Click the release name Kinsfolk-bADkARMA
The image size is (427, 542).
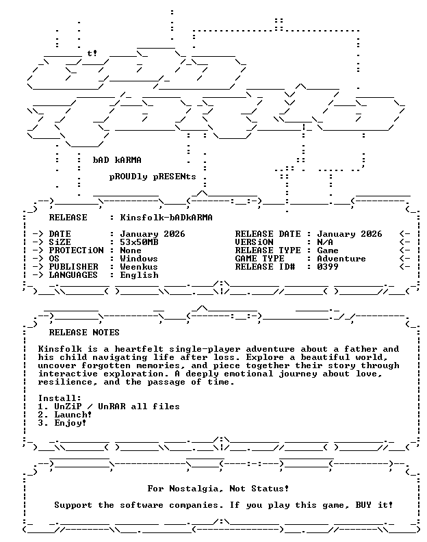tap(166, 218)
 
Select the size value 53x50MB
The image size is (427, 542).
tap(139, 242)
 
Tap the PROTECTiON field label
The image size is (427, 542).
tap(76, 250)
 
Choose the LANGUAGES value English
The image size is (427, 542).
tap(139, 275)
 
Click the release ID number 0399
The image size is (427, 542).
tap(327, 267)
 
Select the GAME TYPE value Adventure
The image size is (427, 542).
tap(341, 259)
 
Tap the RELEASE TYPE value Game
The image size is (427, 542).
tap(327, 250)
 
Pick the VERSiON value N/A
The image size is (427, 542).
tap(325, 242)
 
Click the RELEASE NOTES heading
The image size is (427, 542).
tap(84, 333)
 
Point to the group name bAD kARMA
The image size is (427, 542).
tap(117, 160)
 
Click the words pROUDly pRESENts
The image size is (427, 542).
tap(153, 177)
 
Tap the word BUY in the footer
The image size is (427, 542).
tap(363, 505)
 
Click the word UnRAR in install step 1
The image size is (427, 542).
tap(112, 406)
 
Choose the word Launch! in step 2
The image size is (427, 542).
tap(73, 415)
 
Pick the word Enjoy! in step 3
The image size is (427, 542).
tap(70, 423)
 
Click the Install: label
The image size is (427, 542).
tap(60, 398)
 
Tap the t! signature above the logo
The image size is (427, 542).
tap(92, 53)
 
